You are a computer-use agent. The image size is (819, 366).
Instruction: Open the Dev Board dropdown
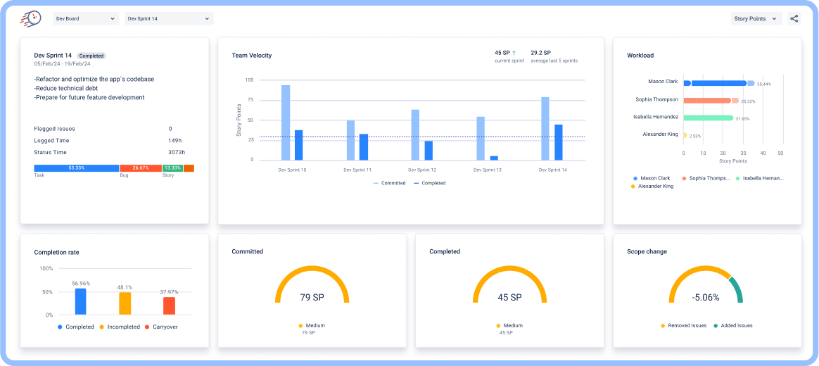[x=85, y=19]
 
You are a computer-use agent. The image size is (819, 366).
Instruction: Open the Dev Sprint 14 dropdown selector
[x=169, y=19]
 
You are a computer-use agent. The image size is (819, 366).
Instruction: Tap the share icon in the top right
[x=794, y=19]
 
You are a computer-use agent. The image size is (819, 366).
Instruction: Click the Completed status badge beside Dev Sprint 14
[x=91, y=56]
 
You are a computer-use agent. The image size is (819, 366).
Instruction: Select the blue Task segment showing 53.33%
[x=76, y=168]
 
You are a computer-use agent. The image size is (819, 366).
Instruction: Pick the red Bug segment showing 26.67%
[x=140, y=168]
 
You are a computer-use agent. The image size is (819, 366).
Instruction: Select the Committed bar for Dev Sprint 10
[x=286, y=122]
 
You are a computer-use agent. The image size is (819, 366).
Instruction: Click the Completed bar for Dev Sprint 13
[x=494, y=158]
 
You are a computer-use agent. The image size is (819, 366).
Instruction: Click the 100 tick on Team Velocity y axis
[x=249, y=80]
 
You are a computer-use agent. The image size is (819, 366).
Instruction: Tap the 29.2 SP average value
[x=540, y=53]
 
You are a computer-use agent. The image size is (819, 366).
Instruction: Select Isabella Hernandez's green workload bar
[x=708, y=118]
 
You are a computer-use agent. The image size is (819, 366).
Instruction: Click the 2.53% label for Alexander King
[x=695, y=136]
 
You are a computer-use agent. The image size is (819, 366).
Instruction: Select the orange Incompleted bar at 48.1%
[x=125, y=303]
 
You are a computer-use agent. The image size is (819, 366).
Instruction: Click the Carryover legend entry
[x=162, y=327]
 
